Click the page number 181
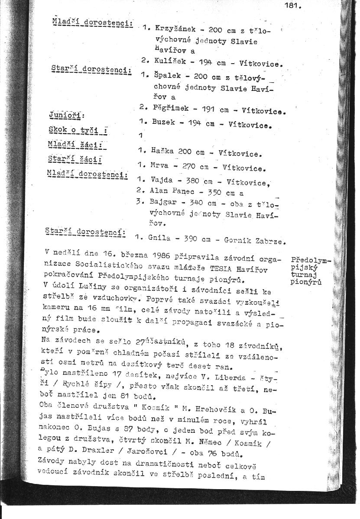coord(292,6)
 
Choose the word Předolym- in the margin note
coord(311,260)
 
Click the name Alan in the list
coord(158,190)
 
